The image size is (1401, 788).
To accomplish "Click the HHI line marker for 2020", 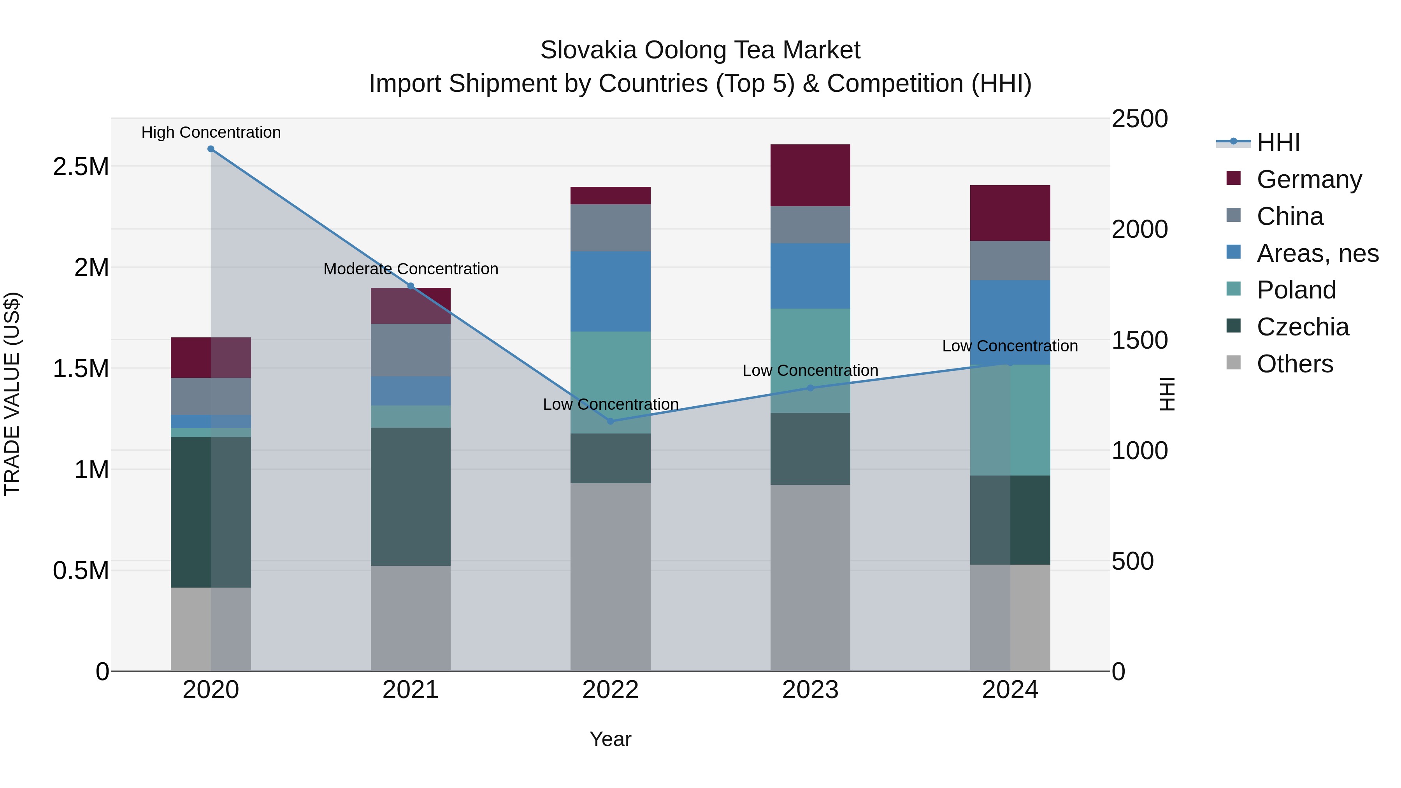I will pyautogui.click(x=211, y=149).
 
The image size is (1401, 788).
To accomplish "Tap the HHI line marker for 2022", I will pyautogui.click(x=610, y=421).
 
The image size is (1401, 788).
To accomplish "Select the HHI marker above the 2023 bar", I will pyautogui.click(x=810, y=388).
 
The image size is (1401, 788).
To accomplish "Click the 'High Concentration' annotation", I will pyautogui.click(x=211, y=132).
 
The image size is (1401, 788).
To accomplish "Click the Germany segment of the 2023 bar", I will pyautogui.click(x=810, y=175).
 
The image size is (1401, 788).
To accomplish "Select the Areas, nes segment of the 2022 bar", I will pyautogui.click(x=610, y=291).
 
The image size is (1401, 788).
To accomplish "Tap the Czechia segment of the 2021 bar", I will pyautogui.click(x=411, y=496).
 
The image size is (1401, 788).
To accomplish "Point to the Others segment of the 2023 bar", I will pyautogui.click(x=810, y=577).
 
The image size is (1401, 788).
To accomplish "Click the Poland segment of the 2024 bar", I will pyautogui.click(x=1010, y=420).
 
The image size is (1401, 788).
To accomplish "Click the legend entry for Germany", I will pyautogui.click(x=1309, y=179).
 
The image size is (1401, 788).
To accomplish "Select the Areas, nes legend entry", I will pyautogui.click(x=1317, y=253).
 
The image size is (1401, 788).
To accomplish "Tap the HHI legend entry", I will pyautogui.click(x=1278, y=142).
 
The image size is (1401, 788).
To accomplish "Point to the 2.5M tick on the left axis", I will pyautogui.click(x=81, y=167).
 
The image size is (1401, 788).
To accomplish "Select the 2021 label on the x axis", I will pyautogui.click(x=411, y=690).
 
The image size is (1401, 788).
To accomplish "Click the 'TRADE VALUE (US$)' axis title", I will pyautogui.click(x=12, y=394).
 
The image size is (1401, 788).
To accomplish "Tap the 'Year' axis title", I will pyautogui.click(x=610, y=739).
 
